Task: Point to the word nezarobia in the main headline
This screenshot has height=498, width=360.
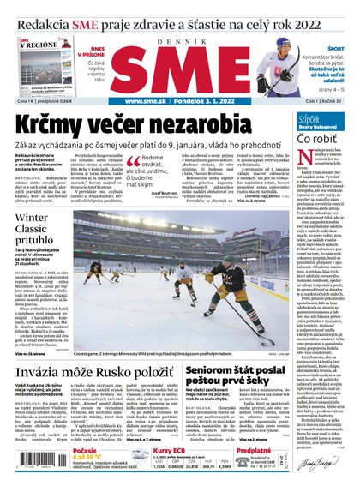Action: [207, 123]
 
